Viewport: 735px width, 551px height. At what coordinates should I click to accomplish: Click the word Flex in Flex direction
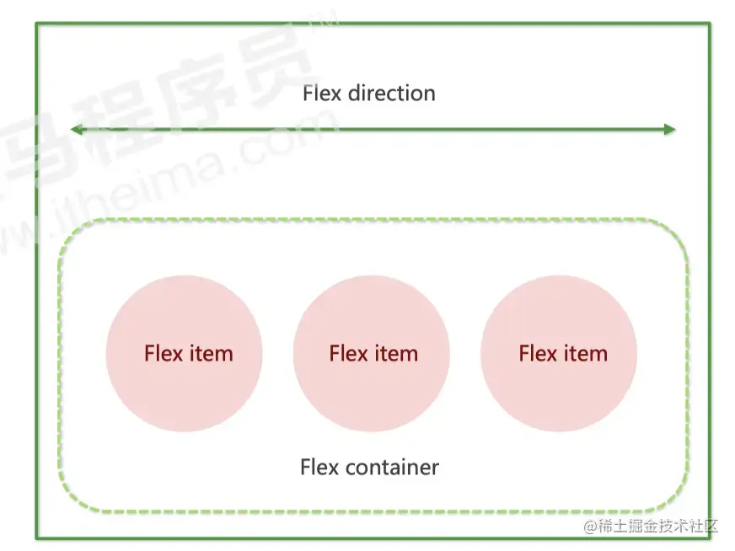click(x=322, y=93)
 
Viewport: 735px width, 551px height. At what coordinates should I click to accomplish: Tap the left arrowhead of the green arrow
click(x=76, y=130)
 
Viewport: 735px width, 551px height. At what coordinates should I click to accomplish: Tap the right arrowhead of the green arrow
click(x=669, y=130)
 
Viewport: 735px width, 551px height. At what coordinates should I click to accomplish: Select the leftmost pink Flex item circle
click(x=184, y=354)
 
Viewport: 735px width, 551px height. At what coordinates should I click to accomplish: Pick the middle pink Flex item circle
click(x=372, y=354)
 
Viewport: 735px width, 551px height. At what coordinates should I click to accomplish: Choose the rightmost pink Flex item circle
click(x=559, y=354)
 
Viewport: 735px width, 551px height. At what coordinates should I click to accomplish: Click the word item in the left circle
click(x=212, y=354)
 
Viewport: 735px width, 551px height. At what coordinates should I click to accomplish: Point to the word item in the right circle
click(x=586, y=354)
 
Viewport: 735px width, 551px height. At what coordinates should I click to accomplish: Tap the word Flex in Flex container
click(x=319, y=467)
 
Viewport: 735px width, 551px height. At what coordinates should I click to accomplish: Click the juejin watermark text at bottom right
click(x=652, y=527)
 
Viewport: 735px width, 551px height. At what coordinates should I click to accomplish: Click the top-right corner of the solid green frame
click(x=710, y=24)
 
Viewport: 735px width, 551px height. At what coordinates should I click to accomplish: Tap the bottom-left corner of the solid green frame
click(x=36, y=538)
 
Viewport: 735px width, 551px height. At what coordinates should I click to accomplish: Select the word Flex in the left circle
click(x=163, y=354)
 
